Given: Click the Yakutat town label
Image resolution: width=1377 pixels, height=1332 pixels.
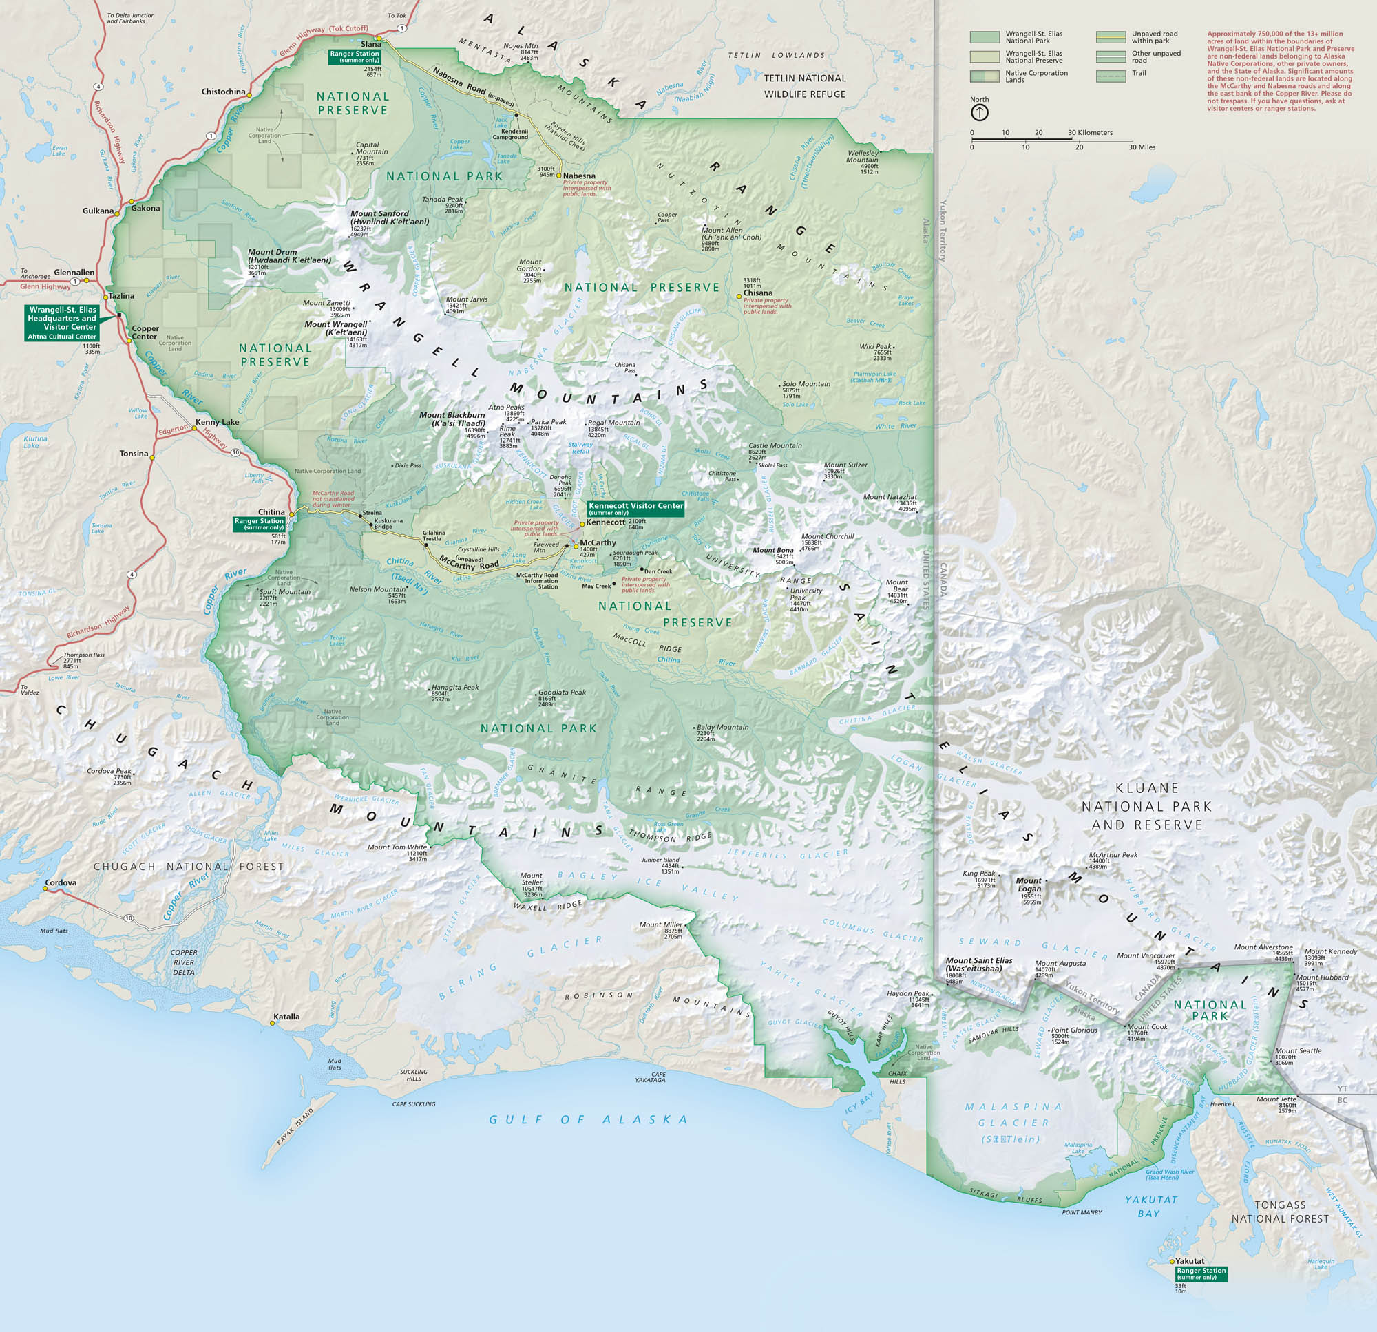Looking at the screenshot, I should (x=1191, y=1261).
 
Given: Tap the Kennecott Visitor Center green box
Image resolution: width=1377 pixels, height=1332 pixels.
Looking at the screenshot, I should (x=635, y=509).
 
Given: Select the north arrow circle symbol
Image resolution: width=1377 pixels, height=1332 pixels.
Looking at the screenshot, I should (x=979, y=112).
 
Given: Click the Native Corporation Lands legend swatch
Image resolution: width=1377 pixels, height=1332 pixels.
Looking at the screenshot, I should (x=985, y=76).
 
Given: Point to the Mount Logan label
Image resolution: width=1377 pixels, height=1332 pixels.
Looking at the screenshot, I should (x=1029, y=885).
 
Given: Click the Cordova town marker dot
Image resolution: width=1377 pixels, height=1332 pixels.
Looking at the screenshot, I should (x=45, y=889).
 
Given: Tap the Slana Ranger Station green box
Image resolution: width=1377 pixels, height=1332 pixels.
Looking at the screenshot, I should (x=355, y=56).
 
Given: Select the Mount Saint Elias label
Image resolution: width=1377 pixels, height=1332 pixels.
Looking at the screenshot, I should (x=978, y=964).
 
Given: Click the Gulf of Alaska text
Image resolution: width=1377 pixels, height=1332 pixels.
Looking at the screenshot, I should (x=589, y=1120).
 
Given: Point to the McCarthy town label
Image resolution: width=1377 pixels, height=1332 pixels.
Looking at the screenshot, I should (x=598, y=542).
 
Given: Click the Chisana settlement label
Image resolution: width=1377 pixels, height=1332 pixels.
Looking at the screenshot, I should (x=758, y=293).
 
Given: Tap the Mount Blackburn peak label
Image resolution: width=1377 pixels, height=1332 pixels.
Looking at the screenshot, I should (x=452, y=419).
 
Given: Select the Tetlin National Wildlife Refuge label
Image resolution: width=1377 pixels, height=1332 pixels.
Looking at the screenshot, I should (x=804, y=86).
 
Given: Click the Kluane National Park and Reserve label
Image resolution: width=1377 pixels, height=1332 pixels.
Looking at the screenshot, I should (x=1146, y=807).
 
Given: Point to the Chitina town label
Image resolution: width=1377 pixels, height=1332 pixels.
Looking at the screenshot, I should (x=271, y=512).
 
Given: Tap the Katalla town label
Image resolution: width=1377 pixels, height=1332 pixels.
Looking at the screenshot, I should (x=286, y=1017).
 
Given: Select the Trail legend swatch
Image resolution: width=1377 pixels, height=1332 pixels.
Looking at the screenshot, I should (x=1111, y=76).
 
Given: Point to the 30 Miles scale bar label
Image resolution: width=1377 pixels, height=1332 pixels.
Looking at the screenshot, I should (x=1142, y=147).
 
